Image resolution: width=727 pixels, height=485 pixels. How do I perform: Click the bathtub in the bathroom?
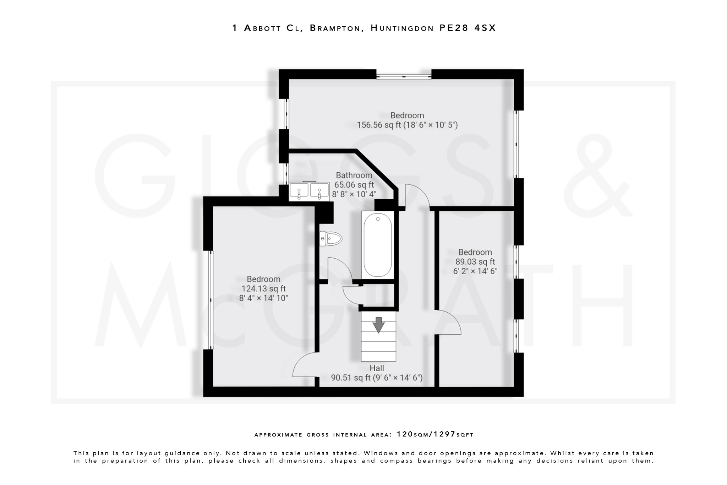pyautogui.click(x=378, y=245)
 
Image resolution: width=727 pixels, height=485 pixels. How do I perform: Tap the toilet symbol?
pyautogui.click(x=331, y=238)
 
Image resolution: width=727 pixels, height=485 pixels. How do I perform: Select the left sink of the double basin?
pyautogui.click(x=299, y=191)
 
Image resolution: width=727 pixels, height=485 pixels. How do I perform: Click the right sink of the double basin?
pyautogui.click(x=319, y=191)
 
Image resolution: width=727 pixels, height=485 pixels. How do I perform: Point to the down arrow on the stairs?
pyautogui.click(x=378, y=325)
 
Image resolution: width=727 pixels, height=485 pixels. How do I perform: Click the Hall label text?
pyautogui.click(x=377, y=368)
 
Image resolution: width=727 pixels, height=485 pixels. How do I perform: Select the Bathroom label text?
pyautogui.click(x=354, y=175)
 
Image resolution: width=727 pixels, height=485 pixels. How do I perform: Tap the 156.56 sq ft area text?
pyautogui.click(x=378, y=125)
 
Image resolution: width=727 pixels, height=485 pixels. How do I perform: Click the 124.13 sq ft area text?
pyautogui.click(x=263, y=289)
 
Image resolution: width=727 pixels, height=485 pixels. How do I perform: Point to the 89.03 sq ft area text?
pyautogui.click(x=475, y=262)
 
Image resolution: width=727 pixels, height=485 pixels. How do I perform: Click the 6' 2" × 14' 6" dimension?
pyautogui.click(x=475, y=271)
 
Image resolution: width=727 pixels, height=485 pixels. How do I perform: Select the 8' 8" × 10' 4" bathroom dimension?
pyautogui.click(x=354, y=194)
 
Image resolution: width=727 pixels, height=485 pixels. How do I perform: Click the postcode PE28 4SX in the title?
pyautogui.click(x=467, y=28)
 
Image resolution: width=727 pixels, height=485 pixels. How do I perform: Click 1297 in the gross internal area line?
pyautogui.click(x=444, y=434)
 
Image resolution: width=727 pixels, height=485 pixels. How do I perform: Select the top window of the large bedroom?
pyautogui.click(x=404, y=76)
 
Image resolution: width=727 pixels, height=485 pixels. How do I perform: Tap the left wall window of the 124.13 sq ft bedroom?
pyautogui.click(x=211, y=300)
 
